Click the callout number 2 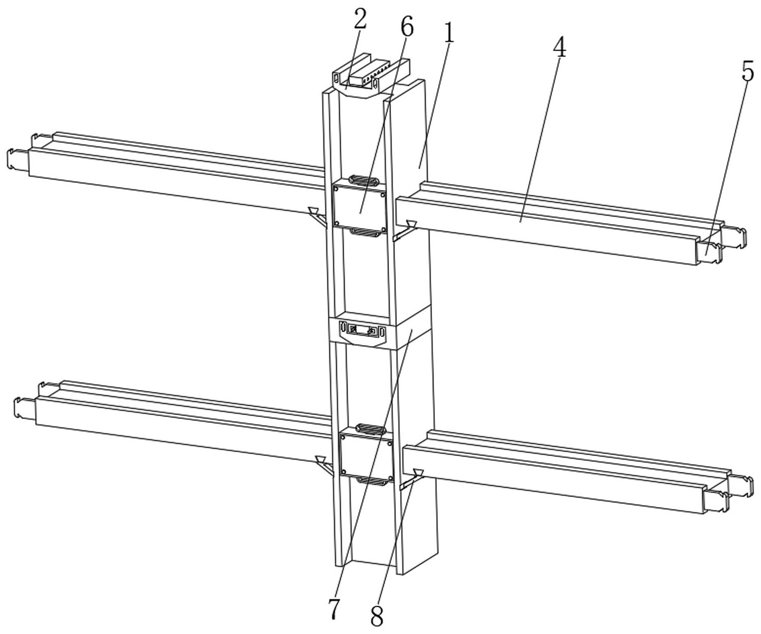pos(360,18)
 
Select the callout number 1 pos(449,33)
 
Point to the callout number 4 pos(559,47)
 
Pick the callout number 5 pos(748,71)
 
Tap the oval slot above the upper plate pos(364,180)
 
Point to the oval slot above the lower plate pos(370,428)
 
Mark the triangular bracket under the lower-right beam pos(412,479)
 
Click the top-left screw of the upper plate pos(336,188)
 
